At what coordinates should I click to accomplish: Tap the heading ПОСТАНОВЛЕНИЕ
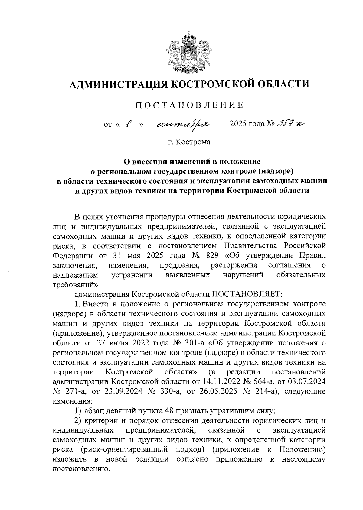click(189, 105)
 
